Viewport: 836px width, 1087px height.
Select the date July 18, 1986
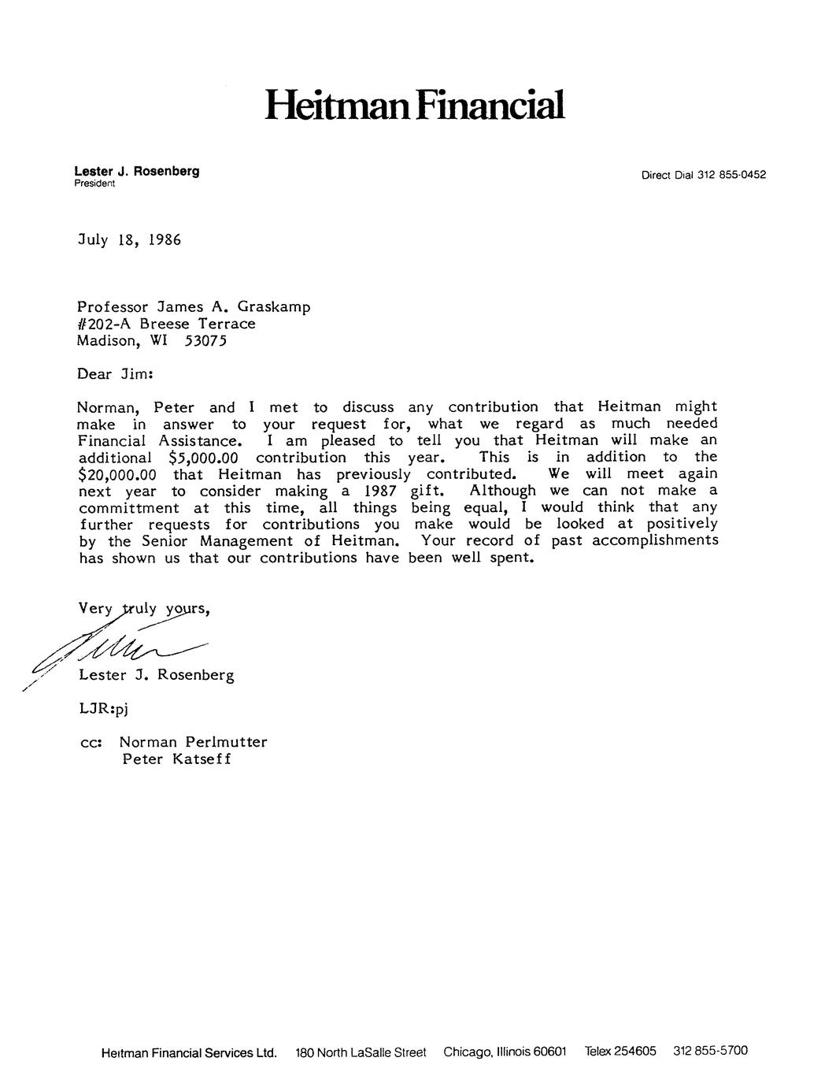click(x=129, y=239)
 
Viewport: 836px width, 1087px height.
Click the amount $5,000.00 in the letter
click(x=203, y=458)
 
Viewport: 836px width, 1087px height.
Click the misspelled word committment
click(x=128, y=508)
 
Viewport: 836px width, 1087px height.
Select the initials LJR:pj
click(x=102, y=708)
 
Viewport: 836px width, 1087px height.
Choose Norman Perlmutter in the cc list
click(x=194, y=742)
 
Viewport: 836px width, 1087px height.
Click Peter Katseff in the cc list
click(x=177, y=759)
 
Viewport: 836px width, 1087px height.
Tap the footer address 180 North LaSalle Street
click(x=361, y=1052)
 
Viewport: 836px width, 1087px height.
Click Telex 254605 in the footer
click(x=620, y=1051)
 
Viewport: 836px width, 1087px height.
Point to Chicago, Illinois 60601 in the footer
click(x=505, y=1052)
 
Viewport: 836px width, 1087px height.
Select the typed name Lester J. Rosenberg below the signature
click(x=156, y=675)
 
